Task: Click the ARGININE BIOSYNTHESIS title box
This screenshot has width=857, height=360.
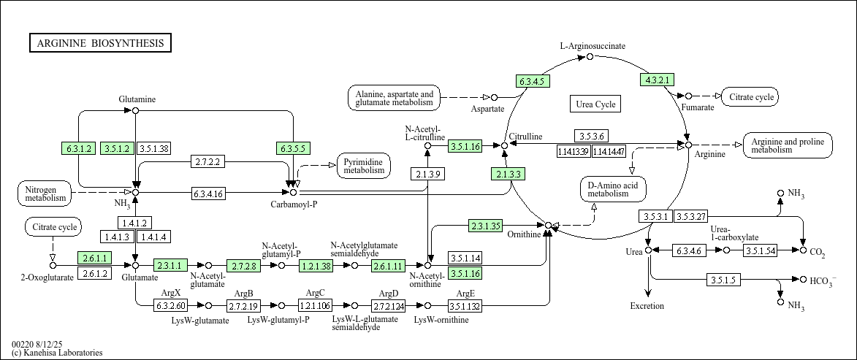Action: [100, 43]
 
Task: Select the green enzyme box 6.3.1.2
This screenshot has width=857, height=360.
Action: [79, 148]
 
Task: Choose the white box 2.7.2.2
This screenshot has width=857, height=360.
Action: [208, 161]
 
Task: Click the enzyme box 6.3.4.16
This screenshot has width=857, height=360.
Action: [208, 194]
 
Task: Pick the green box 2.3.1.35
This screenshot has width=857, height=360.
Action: [485, 226]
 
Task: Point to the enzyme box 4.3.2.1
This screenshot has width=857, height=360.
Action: [656, 80]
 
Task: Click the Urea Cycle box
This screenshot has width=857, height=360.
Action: [595, 104]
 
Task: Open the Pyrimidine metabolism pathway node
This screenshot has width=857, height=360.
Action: [364, 166]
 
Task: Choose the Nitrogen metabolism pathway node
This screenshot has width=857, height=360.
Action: [45, 194]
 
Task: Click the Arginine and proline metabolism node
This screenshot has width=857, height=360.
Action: [787, 145]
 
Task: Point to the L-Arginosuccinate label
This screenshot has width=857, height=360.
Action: [593, 46]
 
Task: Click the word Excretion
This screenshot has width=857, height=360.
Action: [647, 306]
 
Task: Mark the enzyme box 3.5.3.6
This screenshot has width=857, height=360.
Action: [591, 136]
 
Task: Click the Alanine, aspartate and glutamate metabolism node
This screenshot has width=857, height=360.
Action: [395, 99]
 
